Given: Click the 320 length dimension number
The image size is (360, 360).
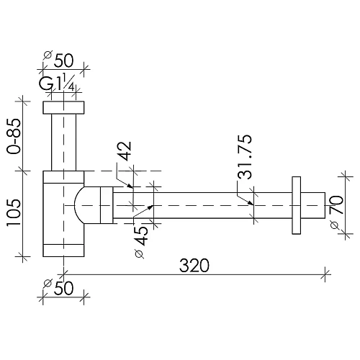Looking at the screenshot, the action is click(x=194, y=266).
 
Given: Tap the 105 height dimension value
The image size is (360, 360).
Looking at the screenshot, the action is click(x=14, y=212).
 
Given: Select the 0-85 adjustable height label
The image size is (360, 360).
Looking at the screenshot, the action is click(x=14, y=136).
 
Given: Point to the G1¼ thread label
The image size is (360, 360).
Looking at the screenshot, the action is click(x=58, y=82).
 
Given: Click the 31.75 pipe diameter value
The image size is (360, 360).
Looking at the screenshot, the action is click(x=245, y=157).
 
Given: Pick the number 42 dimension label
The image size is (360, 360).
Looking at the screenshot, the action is click(x=125, y=150).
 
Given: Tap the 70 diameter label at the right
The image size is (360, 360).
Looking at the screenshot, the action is click(x=336, y=204).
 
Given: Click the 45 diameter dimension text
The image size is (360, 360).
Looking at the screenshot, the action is click(x=141, y=235).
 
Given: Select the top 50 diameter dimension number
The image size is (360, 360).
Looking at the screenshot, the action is click(x=63, y=60).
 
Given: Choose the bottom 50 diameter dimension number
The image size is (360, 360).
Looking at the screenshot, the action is click(x=63, y=288).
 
